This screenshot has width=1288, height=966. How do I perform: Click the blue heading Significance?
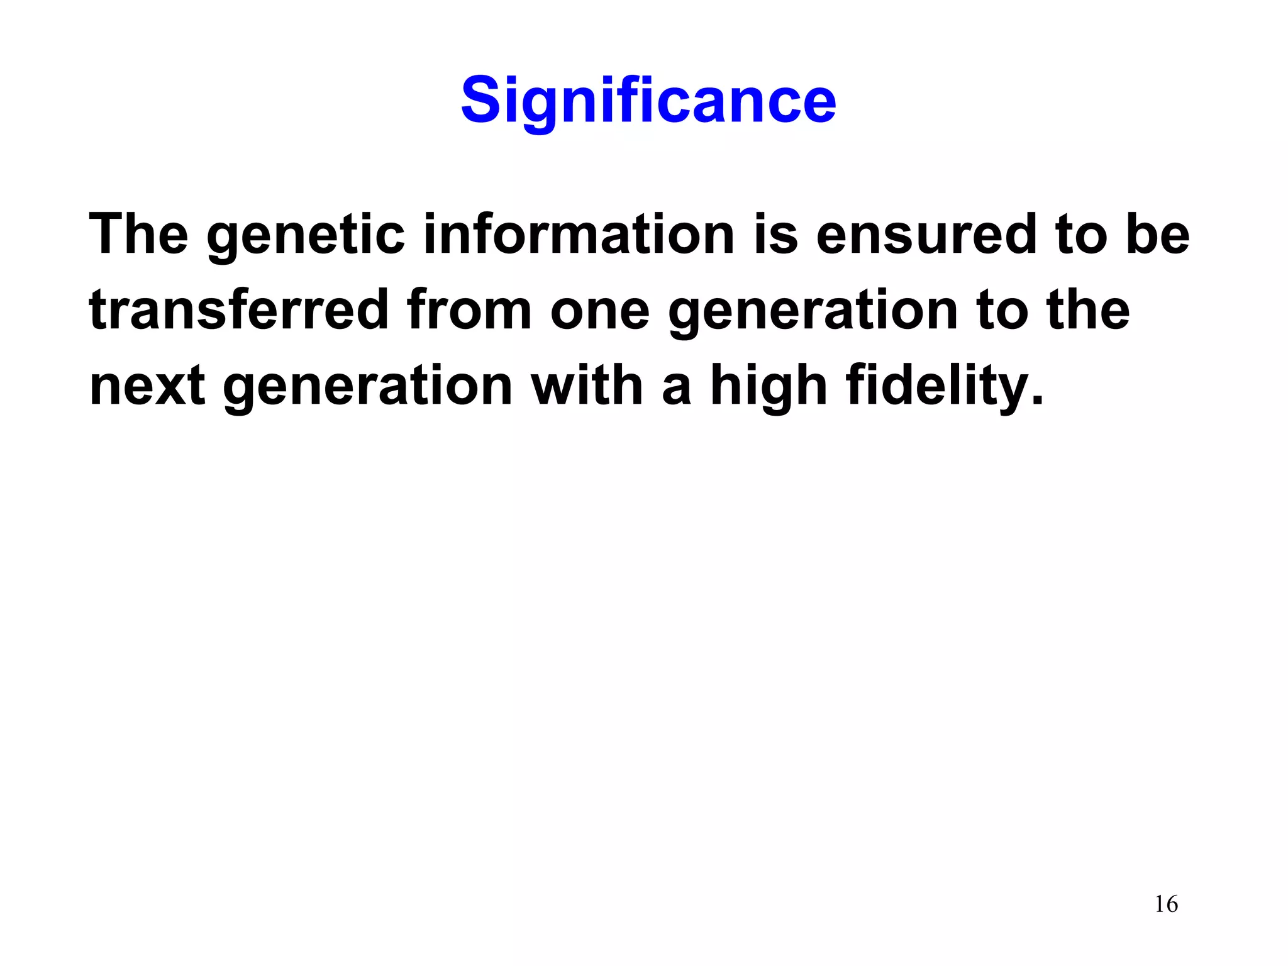(648, 101)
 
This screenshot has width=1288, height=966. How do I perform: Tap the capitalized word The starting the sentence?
(139, 234)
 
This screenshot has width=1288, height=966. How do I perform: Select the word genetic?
(306, 236)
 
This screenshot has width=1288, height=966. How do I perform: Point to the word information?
(579, 234)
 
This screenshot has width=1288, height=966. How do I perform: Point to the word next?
(147, 387)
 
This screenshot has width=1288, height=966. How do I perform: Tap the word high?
(769, 387)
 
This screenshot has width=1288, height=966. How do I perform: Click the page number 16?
(1166, 904)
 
